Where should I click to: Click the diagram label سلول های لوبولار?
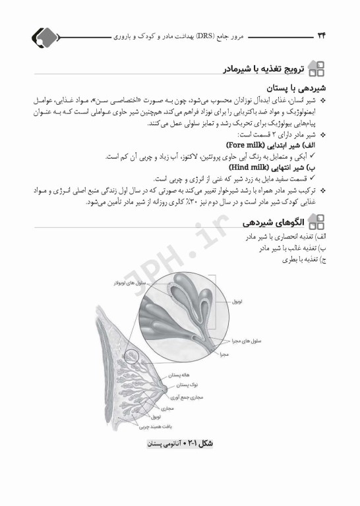[119, 282]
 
